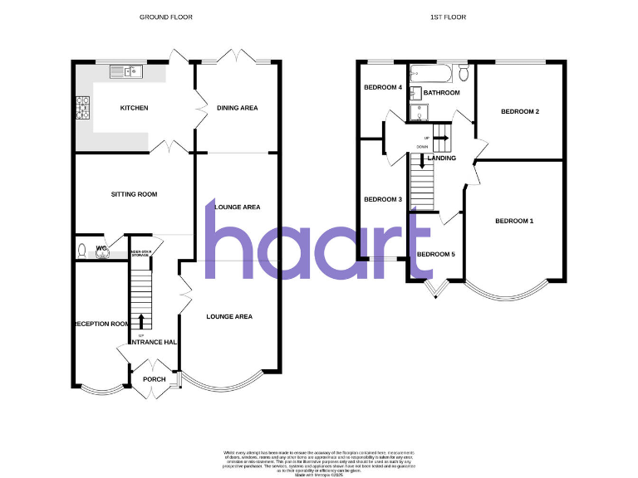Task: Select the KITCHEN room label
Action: click(134, 108)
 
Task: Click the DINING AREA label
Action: click(237, 108)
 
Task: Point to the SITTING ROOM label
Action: click(134, 194)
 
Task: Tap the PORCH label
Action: click(155, 379)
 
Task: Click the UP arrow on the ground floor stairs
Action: click(140, 319)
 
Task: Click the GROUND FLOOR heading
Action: click(161, 17)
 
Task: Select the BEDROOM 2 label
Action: click(520, 111)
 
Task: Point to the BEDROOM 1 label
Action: click(514, 221)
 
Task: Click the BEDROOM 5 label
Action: click(435, 254)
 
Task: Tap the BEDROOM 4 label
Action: click(383, 87)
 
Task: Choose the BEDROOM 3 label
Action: click(383, 199)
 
